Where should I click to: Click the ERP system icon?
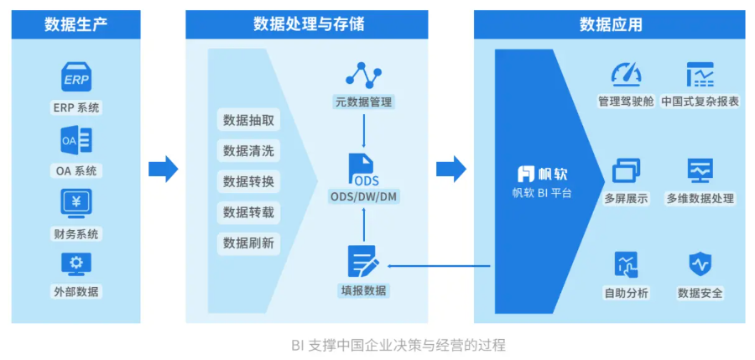(x=75, y=77)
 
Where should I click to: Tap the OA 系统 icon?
(x=75, y=140)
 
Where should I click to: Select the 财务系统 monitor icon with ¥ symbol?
(x=75, y=203)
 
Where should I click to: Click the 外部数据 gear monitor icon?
(x=75, y=264)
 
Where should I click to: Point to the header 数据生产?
(x=75, y=24)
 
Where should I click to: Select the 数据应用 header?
(x=610, y=24)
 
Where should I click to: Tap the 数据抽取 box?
(x=248, y=120)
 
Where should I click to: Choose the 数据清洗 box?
(x=248, y=151)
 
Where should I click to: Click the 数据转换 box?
(x=248, y=181)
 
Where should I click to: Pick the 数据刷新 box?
(x=248, y=243)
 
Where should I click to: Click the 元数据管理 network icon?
(x=363, y=76)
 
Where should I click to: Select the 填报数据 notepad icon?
(x=363, y=262)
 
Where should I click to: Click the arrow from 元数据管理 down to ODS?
(x=363, y=130)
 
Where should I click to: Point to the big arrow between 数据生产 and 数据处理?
(x=164, y=169)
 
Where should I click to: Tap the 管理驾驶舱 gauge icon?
(x=626, y=75)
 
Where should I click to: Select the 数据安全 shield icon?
(x=700, y=264)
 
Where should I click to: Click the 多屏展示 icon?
(x=626, y=171)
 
